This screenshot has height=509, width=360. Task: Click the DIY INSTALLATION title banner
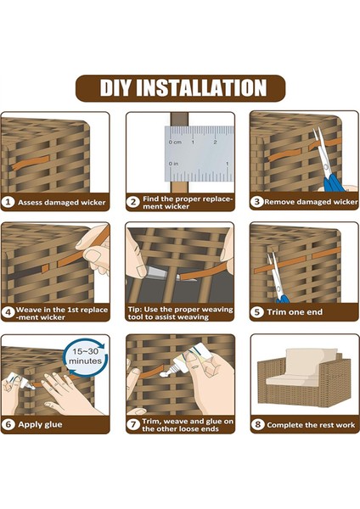[x=180, y=88]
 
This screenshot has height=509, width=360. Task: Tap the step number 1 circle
[x=8, y=202]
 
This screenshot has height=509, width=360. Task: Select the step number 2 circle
[x=133, y=202]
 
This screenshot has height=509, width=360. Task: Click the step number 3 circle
[x=256, y=202]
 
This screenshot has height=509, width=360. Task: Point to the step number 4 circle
[x=8, y=312]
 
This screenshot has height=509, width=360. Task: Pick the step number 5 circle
[x=256, y=312]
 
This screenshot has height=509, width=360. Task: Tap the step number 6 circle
[x=8, y=424]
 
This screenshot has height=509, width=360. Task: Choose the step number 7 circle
[x=133, y=424]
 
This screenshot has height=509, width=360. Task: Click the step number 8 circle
[x=257, y=424]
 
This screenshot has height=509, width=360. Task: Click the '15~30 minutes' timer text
[x=85, y=356]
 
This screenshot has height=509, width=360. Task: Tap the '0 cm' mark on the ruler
[x=175, y=143]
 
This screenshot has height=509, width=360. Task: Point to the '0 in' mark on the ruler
[x=173, y=163]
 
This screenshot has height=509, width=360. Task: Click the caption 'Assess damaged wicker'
[x=62, y=203]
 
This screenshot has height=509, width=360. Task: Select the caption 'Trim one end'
[x=295, y=312]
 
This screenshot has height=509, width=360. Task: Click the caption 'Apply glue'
[x=40, y=425]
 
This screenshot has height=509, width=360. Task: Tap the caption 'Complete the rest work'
[x=311, y=425]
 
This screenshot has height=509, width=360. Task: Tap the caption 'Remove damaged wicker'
[x=311, y=202]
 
